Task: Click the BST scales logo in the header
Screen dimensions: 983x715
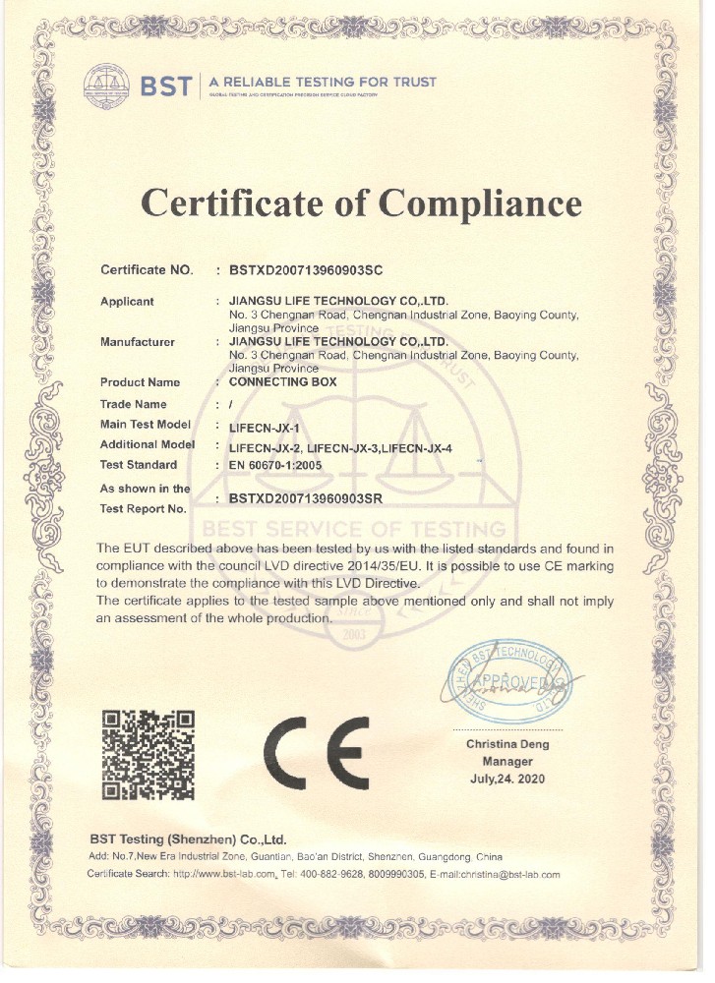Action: (105, 84)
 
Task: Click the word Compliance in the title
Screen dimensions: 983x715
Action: (481, 202)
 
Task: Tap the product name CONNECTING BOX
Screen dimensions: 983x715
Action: (282, 381)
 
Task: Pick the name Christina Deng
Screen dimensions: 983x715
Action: (507, 744)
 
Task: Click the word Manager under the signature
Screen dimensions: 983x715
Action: (507, 762)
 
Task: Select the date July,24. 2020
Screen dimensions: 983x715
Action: (507, 780)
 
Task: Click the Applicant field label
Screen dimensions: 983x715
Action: (127, 302)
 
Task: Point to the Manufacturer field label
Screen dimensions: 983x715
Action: (138, 342)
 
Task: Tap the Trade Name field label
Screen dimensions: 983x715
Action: (134, 404)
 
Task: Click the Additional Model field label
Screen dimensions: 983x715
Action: (148, 444)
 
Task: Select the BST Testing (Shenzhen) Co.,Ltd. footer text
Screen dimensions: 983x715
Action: (188, 839)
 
